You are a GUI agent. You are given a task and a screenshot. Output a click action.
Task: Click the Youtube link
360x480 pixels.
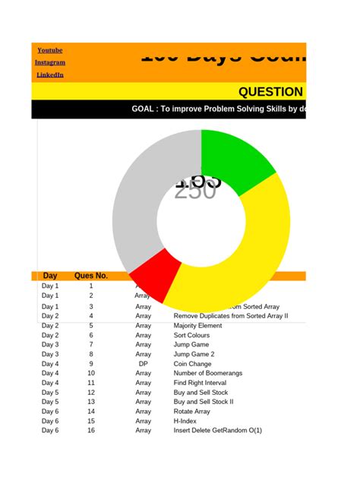tap(50, 50)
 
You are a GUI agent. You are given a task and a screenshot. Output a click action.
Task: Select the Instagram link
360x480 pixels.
tap(50, 62)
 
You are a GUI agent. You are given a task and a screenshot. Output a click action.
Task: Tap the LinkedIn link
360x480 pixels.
tap(50, 75)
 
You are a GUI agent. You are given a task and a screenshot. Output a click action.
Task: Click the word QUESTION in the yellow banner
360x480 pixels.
tap(271, 93)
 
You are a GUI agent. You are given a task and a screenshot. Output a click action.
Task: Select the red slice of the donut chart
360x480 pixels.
tap(156, 270)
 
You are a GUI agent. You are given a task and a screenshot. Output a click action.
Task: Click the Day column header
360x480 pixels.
tap(50, 276)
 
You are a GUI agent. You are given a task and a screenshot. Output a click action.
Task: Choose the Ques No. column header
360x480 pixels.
tap(91, 276)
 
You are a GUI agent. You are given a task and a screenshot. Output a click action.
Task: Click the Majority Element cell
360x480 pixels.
tap(197, 326)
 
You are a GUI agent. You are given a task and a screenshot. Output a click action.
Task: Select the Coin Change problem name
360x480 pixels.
tap(192, 364)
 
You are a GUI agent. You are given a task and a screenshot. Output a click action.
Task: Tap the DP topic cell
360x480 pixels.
tap(143, 364)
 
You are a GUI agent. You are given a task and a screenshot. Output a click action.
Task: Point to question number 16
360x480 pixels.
tap(91, 431)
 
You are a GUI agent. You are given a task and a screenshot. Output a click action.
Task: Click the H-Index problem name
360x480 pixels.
tap(186, 421)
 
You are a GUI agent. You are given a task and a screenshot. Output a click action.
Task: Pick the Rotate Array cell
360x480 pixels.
tap(192, 412)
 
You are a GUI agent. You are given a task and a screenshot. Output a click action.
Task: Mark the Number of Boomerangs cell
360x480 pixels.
tap(208, 373)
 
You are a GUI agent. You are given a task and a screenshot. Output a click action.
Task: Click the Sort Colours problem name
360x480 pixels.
tap(193, 335)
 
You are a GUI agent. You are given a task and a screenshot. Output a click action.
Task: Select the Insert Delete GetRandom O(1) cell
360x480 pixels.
tap(217, 431)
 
